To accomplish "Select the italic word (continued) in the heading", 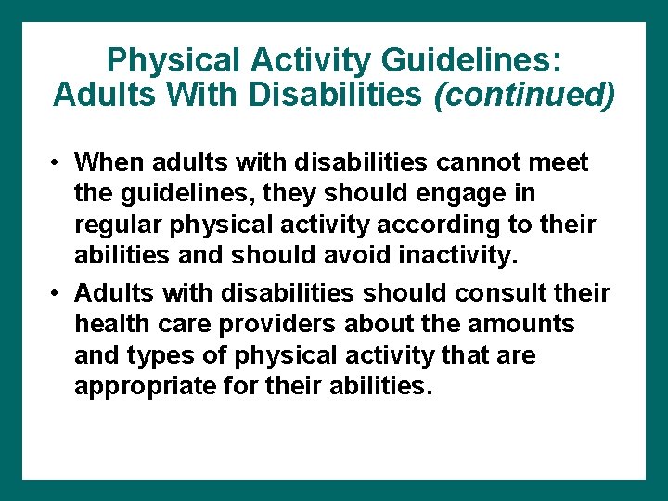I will point(524,95).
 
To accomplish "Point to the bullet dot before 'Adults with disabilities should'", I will point(57,294).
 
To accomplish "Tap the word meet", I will point(560,162).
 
